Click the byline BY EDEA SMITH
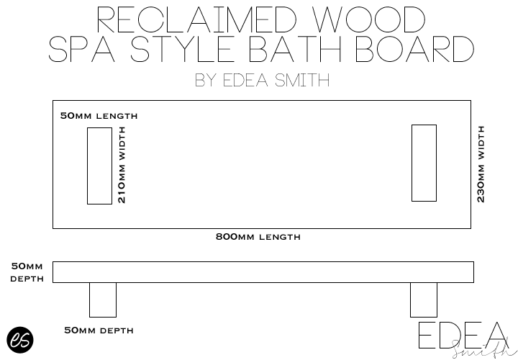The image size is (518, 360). (262, 80)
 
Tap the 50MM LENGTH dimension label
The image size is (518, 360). (99, 115)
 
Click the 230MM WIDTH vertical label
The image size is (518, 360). (481, 164)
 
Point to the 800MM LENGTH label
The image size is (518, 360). (258, 237)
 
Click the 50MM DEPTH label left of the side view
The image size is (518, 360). (27, 272)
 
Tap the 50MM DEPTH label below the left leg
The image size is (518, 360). (99, 330)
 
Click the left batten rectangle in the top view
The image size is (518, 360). (99, 166)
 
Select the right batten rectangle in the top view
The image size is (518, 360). (424, 163)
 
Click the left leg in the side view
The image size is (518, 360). (102, 300)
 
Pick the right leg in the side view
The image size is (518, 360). (423, 300)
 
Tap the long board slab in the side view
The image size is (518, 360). (263, 272)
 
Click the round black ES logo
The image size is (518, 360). (20, 340)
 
